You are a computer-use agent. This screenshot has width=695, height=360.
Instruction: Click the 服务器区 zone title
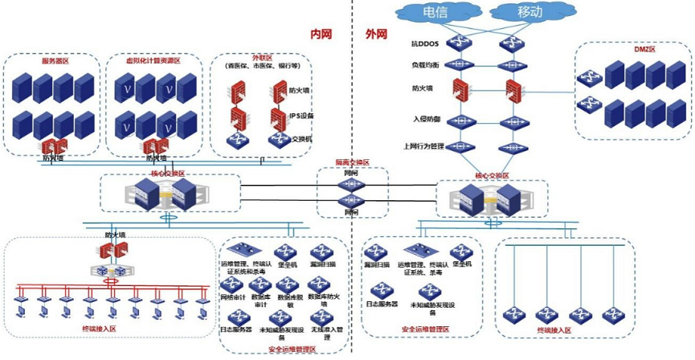55,61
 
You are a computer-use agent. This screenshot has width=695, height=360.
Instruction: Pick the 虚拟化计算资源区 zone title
153,61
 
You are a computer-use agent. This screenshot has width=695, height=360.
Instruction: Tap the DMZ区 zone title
634,50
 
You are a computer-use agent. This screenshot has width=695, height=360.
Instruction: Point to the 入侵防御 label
424,119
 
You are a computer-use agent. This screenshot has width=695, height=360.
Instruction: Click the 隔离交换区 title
352,163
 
